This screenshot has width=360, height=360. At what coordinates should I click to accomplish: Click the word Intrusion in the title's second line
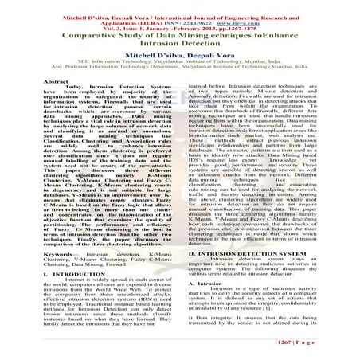coord(156,46)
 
